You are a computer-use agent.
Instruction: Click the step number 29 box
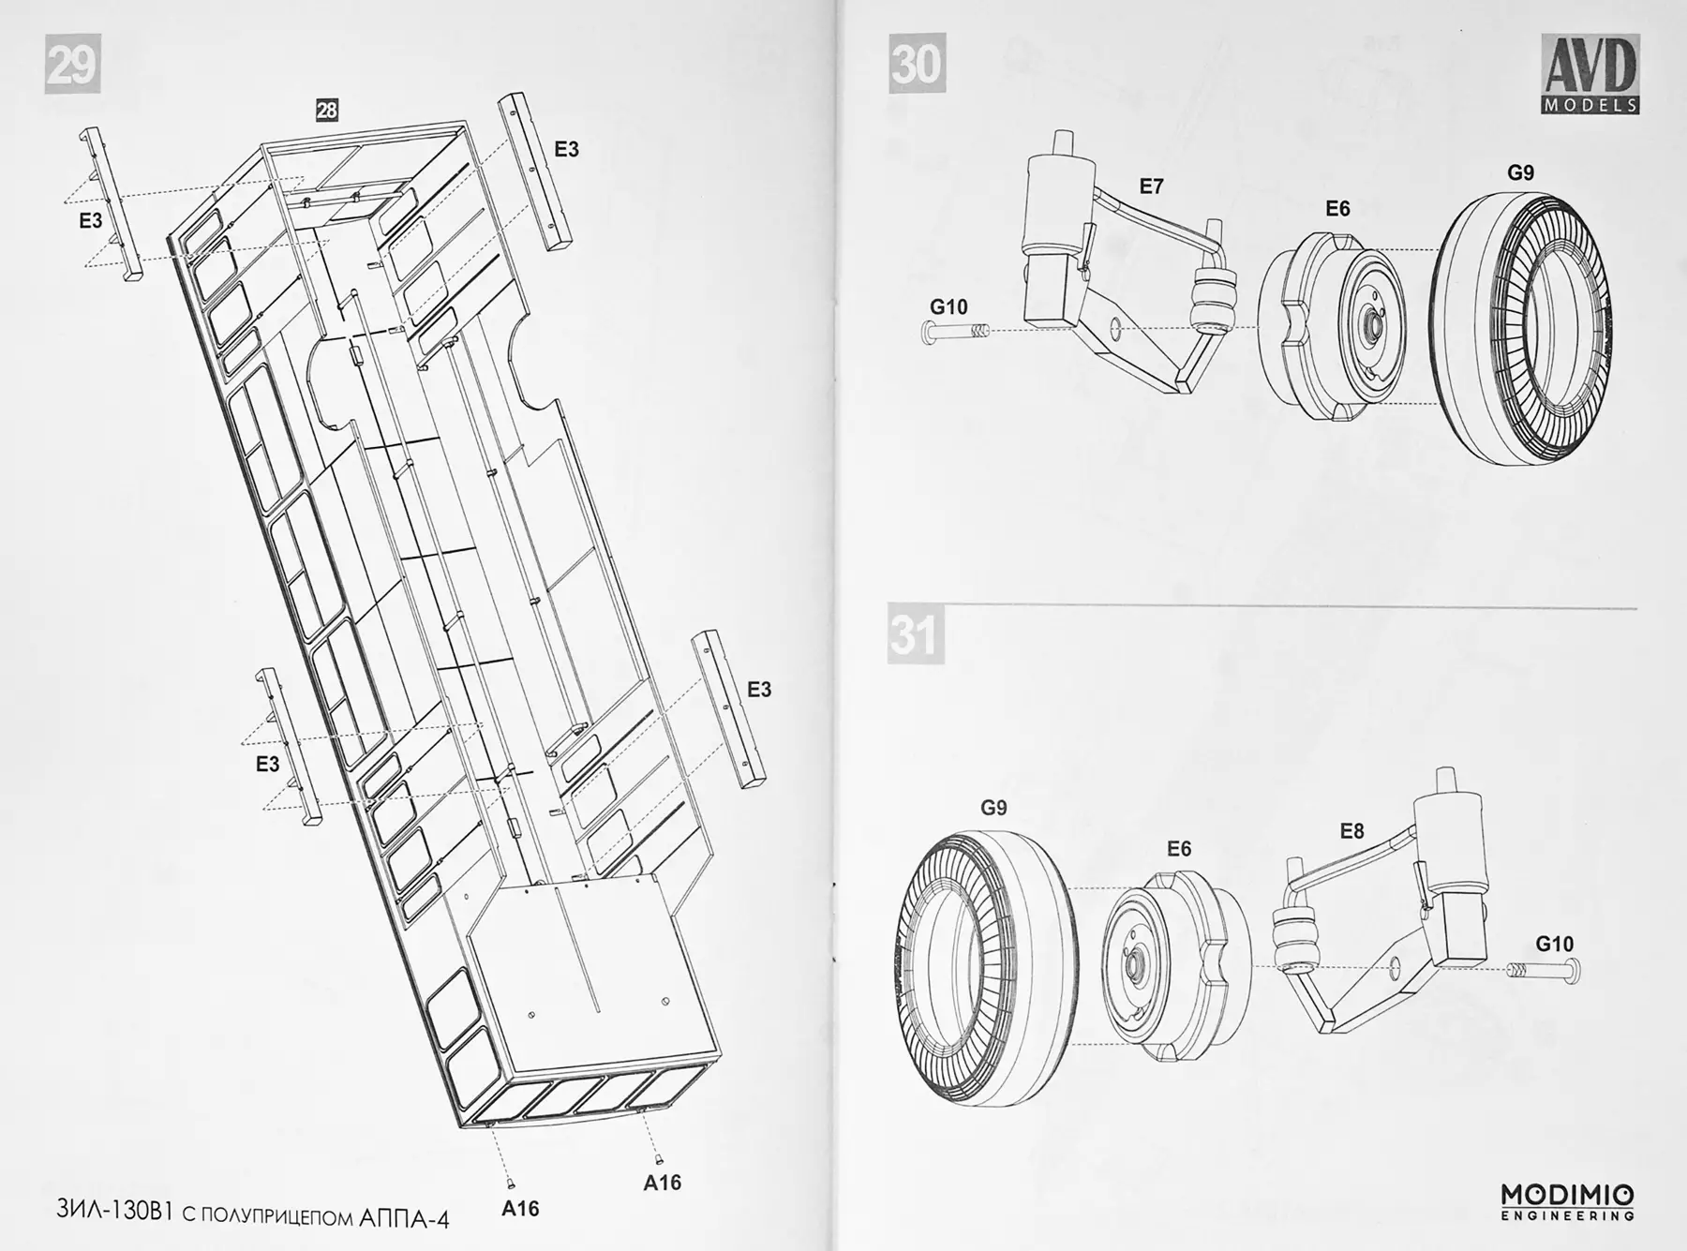click(72, 65)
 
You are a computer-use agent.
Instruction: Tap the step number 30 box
click(917, 64)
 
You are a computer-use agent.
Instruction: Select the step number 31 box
click(916, 635)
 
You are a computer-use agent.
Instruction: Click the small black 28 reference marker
click(326, 111)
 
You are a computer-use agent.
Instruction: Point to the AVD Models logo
click(1590, 74)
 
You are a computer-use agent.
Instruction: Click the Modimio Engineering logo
click(1568, 1202)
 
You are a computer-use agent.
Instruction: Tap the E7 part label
click(1151, 186)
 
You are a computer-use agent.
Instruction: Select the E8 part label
click(1351, 830)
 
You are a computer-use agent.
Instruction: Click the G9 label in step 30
click(1520, 172)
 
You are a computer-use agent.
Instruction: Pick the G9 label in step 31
click(993, 807)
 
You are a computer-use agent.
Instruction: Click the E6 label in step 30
click(1337, 208)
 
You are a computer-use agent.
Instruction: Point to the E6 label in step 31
click(1179, 848)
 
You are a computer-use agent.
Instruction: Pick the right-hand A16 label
click(662, 1183)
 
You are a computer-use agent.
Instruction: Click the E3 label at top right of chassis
click(566, 149)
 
